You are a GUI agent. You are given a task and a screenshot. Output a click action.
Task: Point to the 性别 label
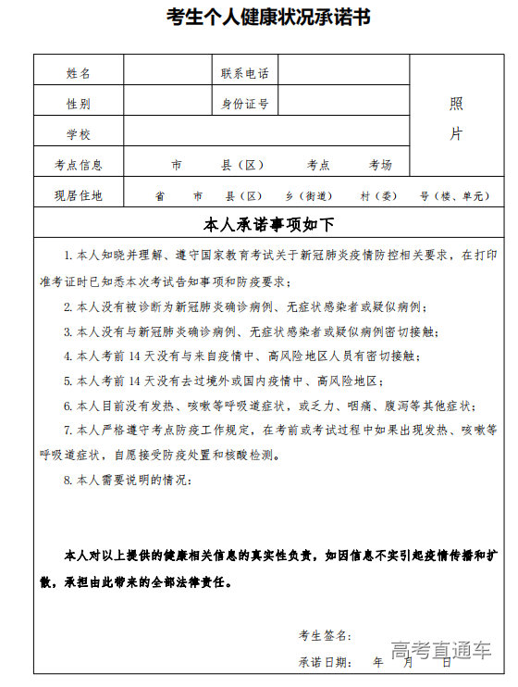tap(79, 104)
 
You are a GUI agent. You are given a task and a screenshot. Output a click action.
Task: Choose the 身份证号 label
tap(244, 104)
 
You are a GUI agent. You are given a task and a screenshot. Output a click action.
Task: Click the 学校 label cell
tap(79, 134)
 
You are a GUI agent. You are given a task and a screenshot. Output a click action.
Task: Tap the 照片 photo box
tap(456, 118)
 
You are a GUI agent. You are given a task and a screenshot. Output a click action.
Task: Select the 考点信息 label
tap(79, 165)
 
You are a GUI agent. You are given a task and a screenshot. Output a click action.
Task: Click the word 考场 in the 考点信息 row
tap(380, 165)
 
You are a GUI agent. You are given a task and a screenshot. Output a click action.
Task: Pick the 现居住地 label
tap(79, 195)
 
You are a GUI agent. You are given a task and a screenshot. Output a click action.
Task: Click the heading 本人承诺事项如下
tap(268, 224)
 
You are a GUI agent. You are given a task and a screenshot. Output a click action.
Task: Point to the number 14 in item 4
tap(135, 356)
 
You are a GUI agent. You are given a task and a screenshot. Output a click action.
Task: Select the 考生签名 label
tap(325, 635)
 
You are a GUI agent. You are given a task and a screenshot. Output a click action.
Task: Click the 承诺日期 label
tap(325, 662)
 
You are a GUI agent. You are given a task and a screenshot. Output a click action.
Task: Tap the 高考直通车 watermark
tap(440, 651)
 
